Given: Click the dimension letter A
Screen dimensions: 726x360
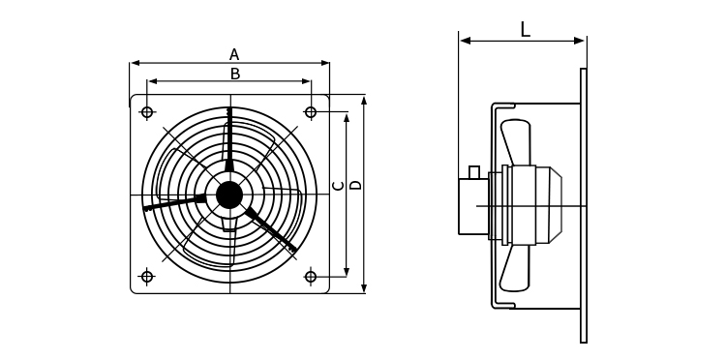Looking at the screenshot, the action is [x=234, y=54].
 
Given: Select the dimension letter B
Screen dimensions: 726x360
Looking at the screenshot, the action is [x=235, y=74].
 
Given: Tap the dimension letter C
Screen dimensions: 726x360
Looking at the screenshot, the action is [x=339, y=186].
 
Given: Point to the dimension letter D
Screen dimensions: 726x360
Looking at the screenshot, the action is [x=355, y=185].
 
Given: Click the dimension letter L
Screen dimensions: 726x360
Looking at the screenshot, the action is [x=525, y=30].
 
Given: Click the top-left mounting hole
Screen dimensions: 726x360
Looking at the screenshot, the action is [x=147, y=112].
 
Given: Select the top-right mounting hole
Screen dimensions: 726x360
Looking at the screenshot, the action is [x=311, y=112].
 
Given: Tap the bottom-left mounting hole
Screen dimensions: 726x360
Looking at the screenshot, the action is [x=147, y=277].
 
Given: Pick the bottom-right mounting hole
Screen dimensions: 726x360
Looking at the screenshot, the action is [x=311, y=277].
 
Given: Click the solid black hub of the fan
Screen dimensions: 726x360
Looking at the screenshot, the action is [x=229, y=195].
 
